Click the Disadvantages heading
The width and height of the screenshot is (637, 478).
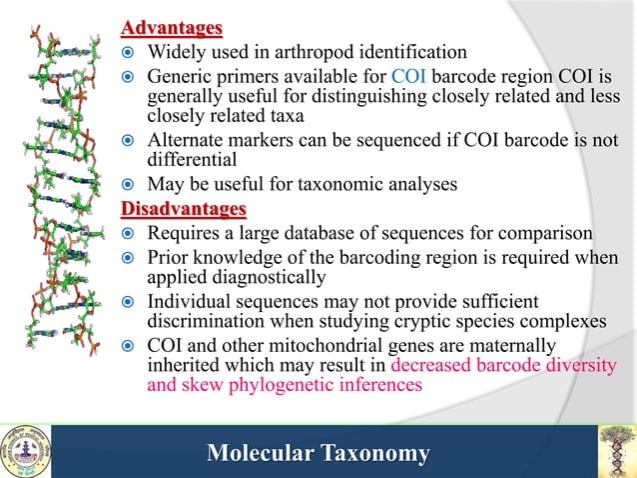tap(183, 209)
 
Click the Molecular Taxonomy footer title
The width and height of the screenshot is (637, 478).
tap(318, 454)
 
